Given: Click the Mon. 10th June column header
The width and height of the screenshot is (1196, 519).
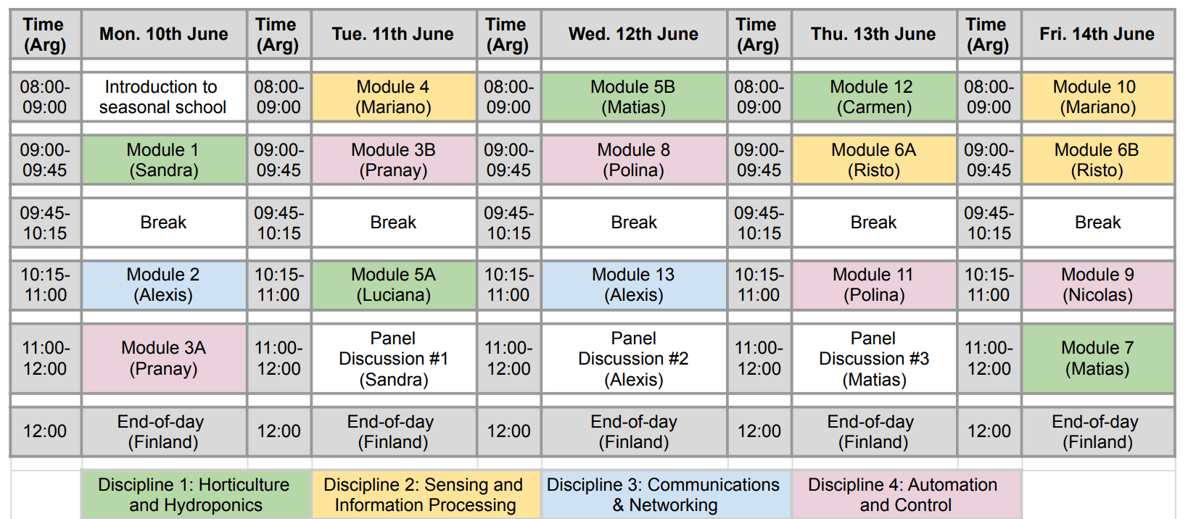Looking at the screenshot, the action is (164, 33).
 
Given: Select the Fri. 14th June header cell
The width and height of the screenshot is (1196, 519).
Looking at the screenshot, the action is (1098, 33).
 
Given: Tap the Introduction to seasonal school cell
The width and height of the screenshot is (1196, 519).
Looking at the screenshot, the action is (164, 96).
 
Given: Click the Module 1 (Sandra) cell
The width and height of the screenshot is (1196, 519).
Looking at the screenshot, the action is (164, 160).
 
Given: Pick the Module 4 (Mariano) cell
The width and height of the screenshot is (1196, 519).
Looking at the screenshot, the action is (394, 96).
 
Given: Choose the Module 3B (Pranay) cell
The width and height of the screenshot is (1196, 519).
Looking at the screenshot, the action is (394, 160).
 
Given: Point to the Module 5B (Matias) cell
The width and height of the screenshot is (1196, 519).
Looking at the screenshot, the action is (635, 96).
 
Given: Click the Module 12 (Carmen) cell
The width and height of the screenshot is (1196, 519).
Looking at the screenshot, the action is (874, 96).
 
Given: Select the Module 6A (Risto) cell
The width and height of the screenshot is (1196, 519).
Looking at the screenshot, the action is (874, 160).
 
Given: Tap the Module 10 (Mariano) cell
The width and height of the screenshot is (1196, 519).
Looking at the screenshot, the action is (1098, 96).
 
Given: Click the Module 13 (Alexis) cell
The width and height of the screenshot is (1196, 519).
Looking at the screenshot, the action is (635, 285).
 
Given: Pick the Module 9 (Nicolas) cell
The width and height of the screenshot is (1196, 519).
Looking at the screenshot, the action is (1098, 285).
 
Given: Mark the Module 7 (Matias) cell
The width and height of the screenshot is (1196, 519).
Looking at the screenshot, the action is (1098, 359).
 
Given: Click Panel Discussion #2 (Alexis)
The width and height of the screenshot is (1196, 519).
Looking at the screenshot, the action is (635, 359).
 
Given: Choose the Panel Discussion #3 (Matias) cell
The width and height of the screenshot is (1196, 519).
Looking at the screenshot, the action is (874, 359).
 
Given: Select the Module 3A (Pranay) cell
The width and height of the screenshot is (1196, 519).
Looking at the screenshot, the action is (164, 359).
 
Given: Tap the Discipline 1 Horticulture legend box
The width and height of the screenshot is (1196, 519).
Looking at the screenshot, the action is (196, 494).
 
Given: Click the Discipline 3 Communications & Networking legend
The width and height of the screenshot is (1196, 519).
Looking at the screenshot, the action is (666, 494).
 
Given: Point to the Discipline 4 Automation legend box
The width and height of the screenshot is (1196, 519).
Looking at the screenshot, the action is (906, 494).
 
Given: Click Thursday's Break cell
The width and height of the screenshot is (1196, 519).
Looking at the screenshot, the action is (874, 223).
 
